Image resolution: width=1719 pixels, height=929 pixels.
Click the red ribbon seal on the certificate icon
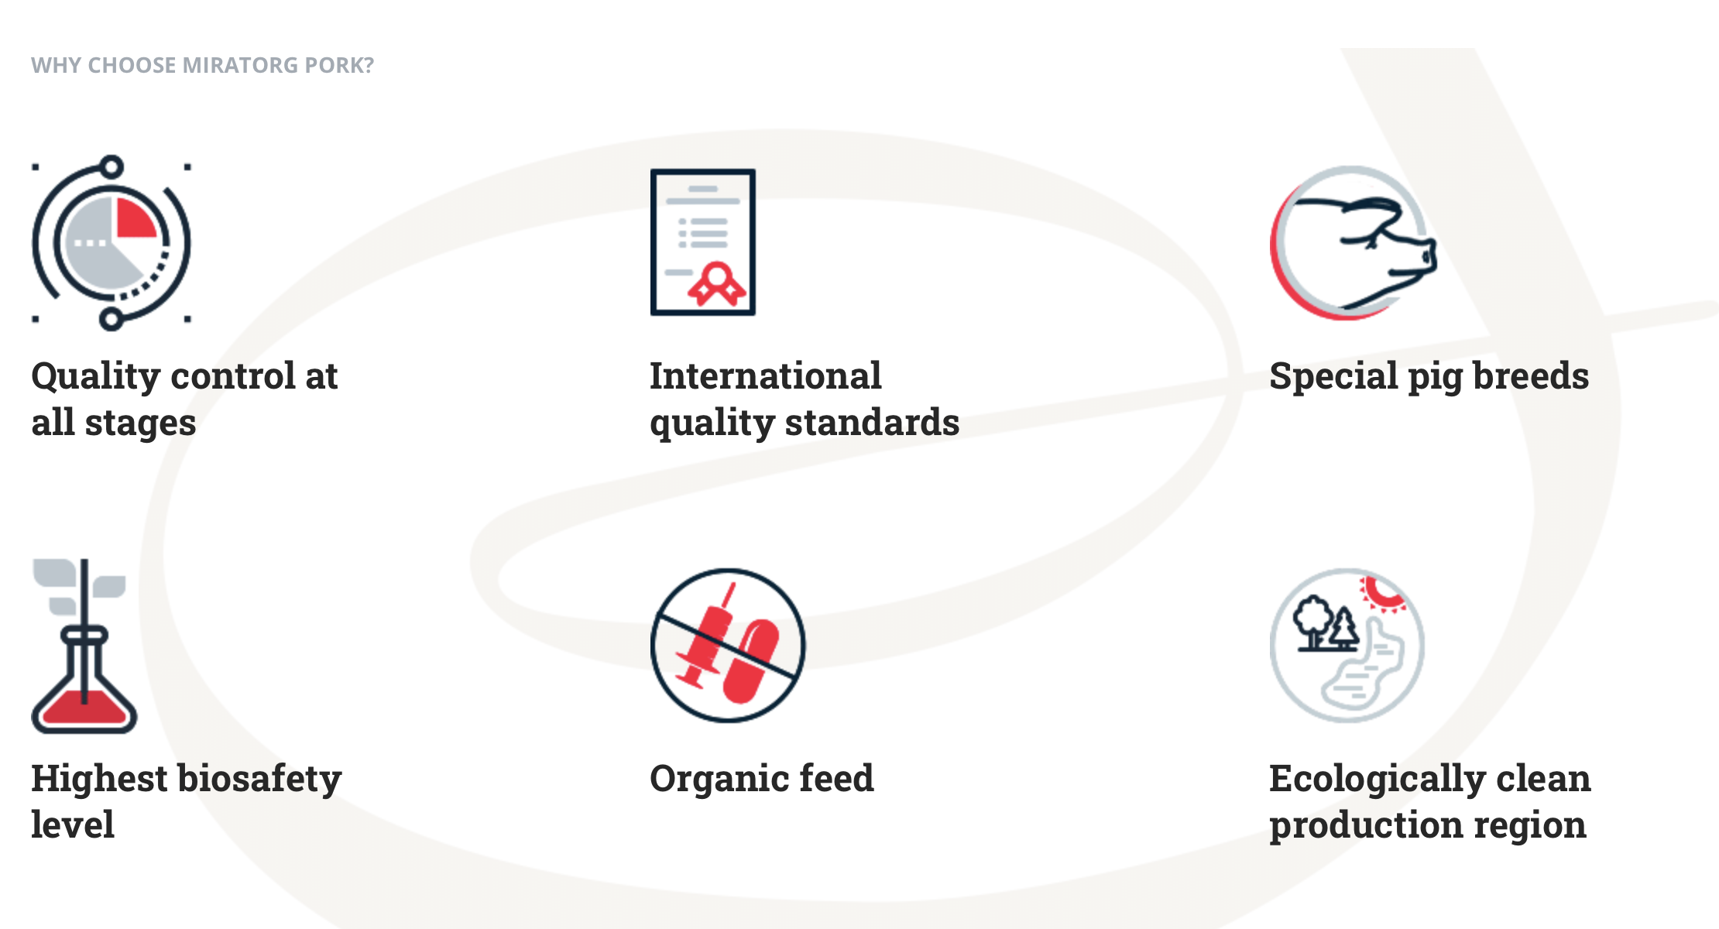click(x=717, y=283)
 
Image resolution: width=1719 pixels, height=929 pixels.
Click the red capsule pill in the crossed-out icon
click(x=750, y=660)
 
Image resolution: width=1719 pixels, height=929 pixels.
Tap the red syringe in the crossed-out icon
click(x=706, y=639)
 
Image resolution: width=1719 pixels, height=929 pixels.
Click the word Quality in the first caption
click(x=96, y=377)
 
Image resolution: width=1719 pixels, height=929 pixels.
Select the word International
click(x=765, y=375)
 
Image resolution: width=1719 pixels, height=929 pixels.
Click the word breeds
click(x=1530, y=375)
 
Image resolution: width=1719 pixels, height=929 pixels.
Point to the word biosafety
click(x=259, y=779)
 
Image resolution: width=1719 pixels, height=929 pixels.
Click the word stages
click(x=140, y=423)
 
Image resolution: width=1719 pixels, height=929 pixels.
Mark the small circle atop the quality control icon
click(x=112, y=166)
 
